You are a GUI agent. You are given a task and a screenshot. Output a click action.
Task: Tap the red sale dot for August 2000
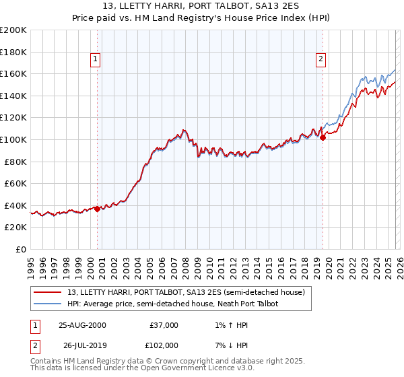tap(97, 209)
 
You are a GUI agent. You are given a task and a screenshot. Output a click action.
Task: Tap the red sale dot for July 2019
tap(323, 137)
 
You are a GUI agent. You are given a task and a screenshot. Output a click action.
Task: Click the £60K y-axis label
tap(15, 183)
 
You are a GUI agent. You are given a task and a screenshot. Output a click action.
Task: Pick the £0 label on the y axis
tap(22, 249)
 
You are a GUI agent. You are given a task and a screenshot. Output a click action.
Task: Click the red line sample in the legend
tap(48, 293)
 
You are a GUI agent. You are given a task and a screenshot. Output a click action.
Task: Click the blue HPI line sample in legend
tap(48, 304)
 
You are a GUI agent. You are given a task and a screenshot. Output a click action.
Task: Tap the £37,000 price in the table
tap(164, 325)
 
